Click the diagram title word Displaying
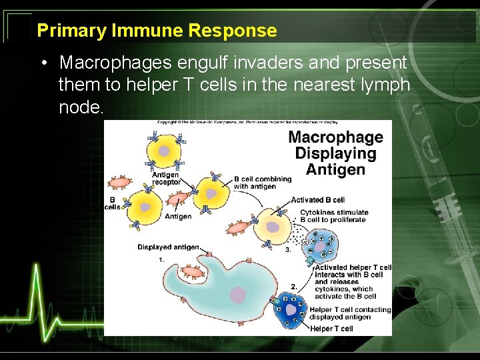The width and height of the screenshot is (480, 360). [x=335, y=153]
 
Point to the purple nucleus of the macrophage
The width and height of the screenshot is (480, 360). [x=238, y=295]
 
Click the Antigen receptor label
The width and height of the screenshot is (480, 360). [x=165, y=178]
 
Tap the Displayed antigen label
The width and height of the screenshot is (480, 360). [x=168, y=247]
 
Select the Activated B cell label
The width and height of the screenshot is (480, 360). [x=318, y=200]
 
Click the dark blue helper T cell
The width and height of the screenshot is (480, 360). [x=291, y=310]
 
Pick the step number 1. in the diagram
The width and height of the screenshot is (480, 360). [x=162, y=260]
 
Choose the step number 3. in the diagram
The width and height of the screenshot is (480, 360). [x=287, y=250]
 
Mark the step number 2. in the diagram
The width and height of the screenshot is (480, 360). [x=294, y=286]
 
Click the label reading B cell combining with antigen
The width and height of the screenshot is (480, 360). [x=262, y=182]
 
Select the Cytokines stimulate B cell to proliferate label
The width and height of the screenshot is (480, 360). [x=333, y=216]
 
